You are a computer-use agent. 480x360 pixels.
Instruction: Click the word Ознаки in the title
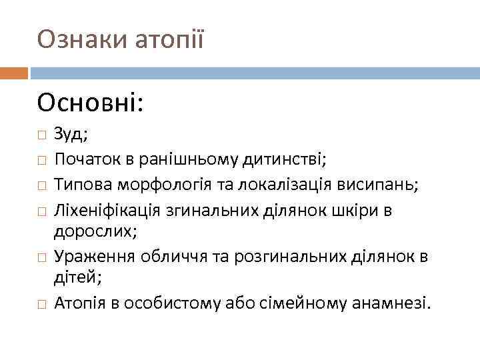(73, 40)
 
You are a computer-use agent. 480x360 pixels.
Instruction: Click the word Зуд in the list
(69, 135)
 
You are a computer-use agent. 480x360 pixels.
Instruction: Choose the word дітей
(76, 279)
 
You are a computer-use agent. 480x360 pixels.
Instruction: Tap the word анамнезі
(393, 304)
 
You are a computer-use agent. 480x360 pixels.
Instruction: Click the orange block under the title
(13, 72)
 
